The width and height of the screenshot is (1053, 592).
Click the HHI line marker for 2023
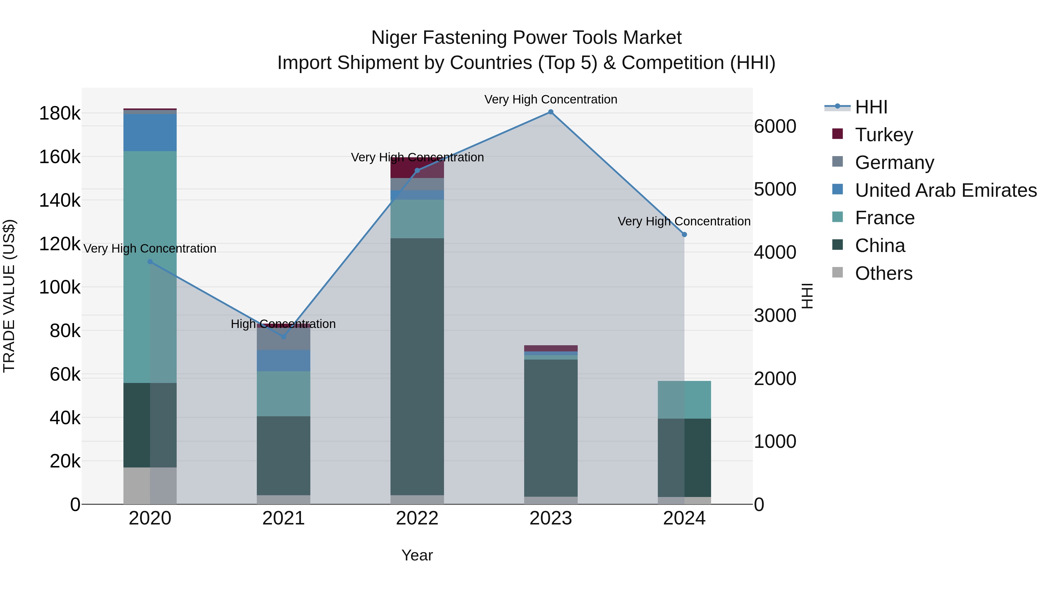click(550, 112)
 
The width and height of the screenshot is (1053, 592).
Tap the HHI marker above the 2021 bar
click(284, 337)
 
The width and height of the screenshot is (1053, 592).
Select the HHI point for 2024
click(684, 234)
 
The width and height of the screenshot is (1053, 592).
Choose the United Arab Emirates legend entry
click(945, 190)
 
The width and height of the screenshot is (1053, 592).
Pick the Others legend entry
click(883, 273)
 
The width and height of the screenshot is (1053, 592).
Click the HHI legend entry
click(871, 107)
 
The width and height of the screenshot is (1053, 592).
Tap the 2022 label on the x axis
click(417, 518)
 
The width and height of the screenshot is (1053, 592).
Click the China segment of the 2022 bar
click(417, 367)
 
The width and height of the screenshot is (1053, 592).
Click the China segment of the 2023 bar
click(550, 428)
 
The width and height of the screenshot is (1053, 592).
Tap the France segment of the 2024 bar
click(684, 400)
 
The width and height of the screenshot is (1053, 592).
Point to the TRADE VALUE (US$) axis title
click(9, 296)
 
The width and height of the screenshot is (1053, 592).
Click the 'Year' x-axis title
click(417, 555)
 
